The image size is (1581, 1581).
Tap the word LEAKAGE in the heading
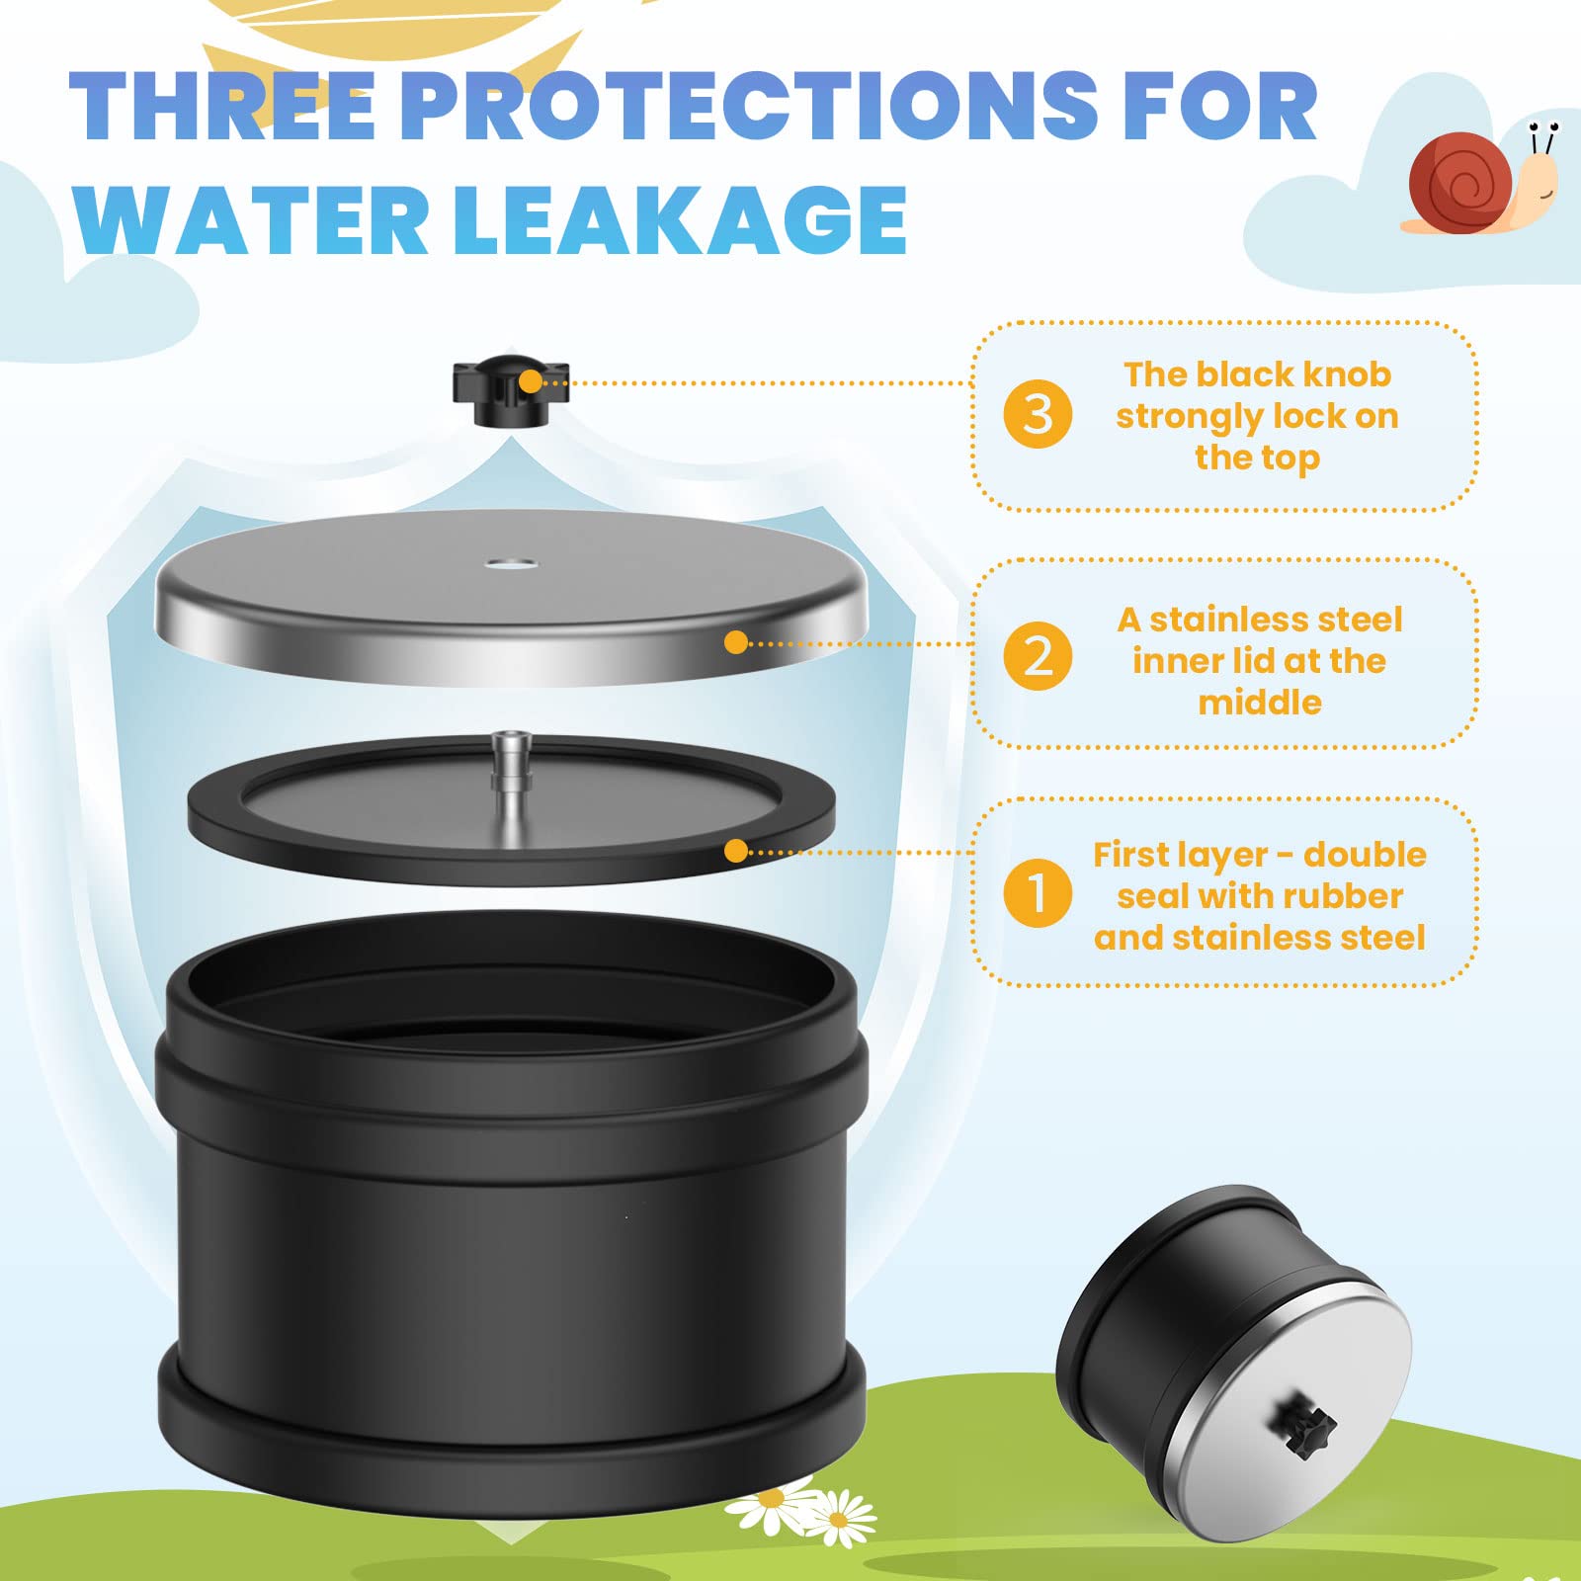pos(681,219)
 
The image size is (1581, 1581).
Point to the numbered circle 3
pos(1038,414)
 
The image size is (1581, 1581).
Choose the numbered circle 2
pos(1038,656)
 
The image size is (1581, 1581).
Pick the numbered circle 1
pos(1038,892)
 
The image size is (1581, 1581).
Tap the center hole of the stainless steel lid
pos(511,566)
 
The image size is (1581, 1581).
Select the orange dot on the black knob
pos(531,381)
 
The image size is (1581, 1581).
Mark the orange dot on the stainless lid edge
pos(736,642)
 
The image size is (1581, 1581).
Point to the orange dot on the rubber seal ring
pos(736,851)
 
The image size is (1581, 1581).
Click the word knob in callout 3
pos(1347,374)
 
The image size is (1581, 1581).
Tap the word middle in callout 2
pos(1260,703)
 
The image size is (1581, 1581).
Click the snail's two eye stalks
pos(1541,140)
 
